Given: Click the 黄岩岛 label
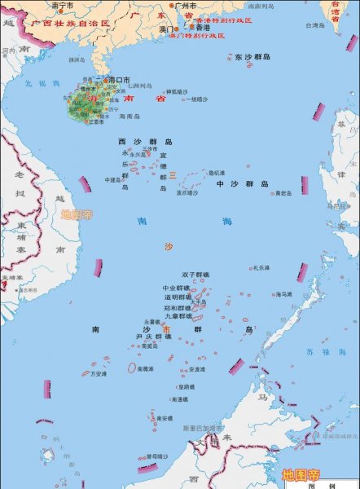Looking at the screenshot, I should click(x=283, y=193).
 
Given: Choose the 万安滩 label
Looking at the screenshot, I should click(x=99, y=373).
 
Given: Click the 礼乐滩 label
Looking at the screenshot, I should click(x=261, y=267).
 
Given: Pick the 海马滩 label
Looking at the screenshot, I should click(x=283, y=293).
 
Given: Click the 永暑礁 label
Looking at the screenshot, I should click(x=152, y=321).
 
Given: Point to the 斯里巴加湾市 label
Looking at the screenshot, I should click(x=202, y=428).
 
